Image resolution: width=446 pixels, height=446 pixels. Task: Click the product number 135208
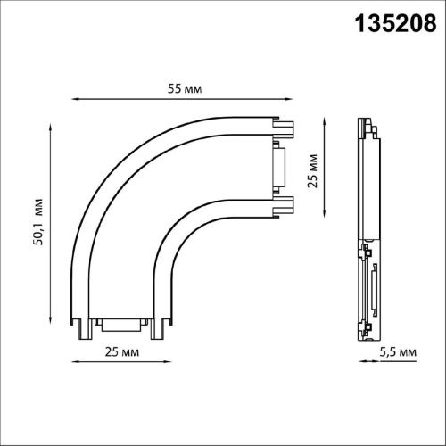point(396,23)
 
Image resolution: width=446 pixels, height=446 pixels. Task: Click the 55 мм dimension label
point(185,88)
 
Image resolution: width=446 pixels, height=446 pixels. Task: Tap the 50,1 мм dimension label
point(38,222)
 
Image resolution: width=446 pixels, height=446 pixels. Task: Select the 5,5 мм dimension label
point(398,352)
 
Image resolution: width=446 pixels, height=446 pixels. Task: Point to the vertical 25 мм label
point(312,171)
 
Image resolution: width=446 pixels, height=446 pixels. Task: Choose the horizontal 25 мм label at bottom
point(122,352)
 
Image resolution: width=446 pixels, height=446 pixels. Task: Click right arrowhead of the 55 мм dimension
point(288,99)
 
